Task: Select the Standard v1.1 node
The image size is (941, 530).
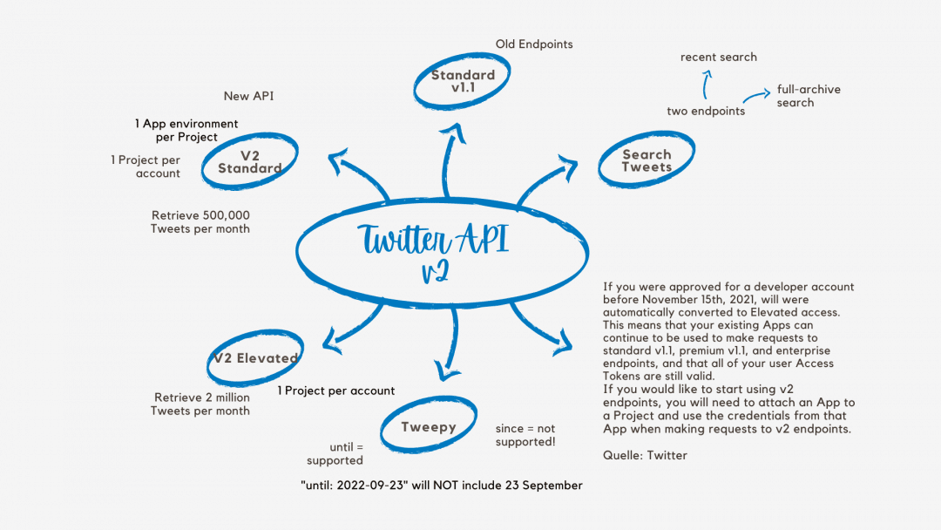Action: click(x=463, y=81)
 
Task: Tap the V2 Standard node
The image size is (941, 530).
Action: click(x=249, y=162)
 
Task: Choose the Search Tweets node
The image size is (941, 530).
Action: click(x=647, y=160)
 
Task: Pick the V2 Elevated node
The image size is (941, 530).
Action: click(x=256, y=357)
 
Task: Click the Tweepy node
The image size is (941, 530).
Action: click(x=429, y=427)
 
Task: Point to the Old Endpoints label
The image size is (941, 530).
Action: click(x=534, y=44)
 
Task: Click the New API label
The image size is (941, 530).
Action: click(x=248, y=96)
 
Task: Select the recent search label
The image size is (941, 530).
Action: click(x=719, y=57)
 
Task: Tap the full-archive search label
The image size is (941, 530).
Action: click(x=808, y=96)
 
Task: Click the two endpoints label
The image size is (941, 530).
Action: click(x=706, y=111)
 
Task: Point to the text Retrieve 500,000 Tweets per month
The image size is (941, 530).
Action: click(x=200, y=221)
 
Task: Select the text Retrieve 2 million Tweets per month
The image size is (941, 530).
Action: click(x=201, y=404)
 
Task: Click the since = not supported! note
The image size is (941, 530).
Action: click(x=525, y=435)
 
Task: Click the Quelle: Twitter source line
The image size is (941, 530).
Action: click(x=645, y=455)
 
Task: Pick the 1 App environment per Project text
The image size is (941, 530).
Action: click(x=186, y=131)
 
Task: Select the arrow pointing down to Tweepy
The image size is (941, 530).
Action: click(x=450, y=344)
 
